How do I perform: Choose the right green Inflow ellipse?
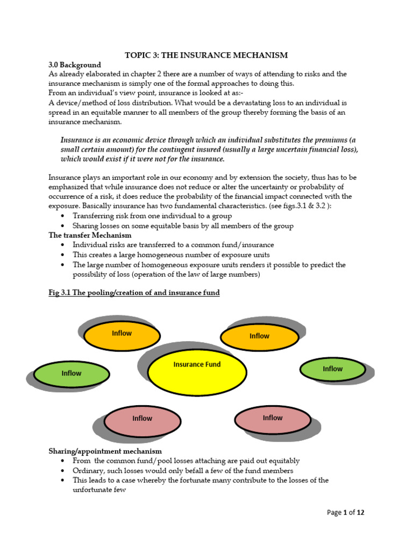332,370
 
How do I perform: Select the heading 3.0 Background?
75,65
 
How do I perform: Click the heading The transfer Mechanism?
90,235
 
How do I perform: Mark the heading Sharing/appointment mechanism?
105,451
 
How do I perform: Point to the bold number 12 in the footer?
360,513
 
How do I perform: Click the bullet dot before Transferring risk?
64,216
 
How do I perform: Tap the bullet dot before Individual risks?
64,245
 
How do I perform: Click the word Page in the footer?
334,513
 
